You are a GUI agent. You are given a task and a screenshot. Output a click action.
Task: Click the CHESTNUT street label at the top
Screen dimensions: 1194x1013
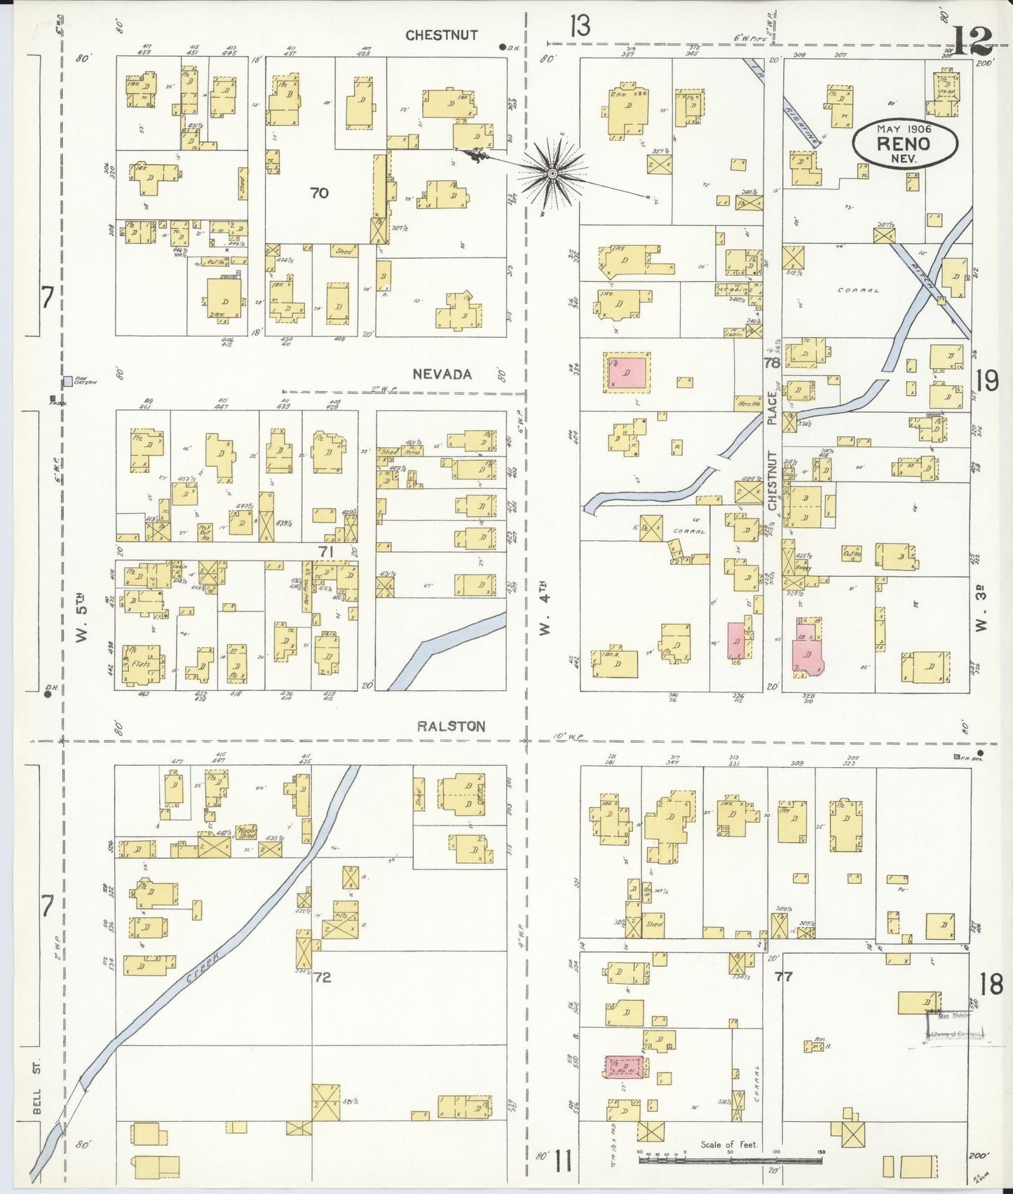pyautogui.click(x=442, y=35)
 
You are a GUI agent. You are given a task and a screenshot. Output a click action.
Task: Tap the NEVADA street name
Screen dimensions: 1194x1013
pyautogui.click(x=442, y=374)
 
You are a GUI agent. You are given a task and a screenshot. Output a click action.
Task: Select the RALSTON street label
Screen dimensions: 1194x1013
pyautogui.click(x=451, y=726)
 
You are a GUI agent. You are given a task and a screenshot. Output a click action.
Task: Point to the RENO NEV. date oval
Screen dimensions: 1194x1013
pyautogui.click(x=905, y=144)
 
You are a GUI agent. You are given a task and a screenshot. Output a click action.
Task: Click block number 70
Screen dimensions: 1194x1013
pyautogui.click(x=319, y=193)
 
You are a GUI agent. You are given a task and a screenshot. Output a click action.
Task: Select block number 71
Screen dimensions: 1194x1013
pyautogui.click(x=325, y=551)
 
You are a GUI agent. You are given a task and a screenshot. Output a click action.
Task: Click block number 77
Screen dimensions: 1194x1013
pyautogui.click(x=783, y=975)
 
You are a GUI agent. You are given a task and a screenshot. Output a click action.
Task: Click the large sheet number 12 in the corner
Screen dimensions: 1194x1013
pyautogui.click(x=972, y=41)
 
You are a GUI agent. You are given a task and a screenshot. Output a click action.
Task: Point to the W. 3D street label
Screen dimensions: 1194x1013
pyautogui.click(x=982, y=612)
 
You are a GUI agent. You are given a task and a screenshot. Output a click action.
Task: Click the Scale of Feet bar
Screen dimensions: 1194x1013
pyautogui.click(x=729, y=1160)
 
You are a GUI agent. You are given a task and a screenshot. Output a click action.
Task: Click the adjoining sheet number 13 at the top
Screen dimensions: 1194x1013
pyautogui.click(x=580, y=26)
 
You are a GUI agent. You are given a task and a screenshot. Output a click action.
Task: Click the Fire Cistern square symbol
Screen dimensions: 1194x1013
pyautogui.click(x=67, y=381)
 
